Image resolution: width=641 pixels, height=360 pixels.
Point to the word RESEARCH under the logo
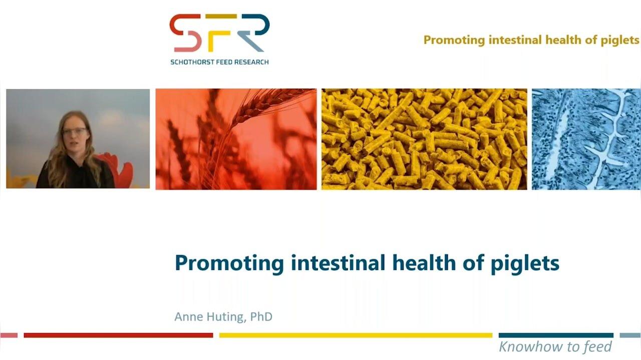point(253,62)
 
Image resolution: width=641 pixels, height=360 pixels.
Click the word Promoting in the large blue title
point(229,263)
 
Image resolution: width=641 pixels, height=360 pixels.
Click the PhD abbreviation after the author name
point(261,317)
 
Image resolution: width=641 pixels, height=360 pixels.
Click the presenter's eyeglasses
point(75,131)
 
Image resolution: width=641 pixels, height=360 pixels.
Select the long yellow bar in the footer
point(356,335)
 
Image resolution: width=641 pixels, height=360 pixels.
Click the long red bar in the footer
point(118,335)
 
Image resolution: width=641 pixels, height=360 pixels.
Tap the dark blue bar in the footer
point(556,335)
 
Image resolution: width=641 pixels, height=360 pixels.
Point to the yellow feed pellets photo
point(424,139)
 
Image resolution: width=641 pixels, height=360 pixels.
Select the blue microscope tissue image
point(586,139)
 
